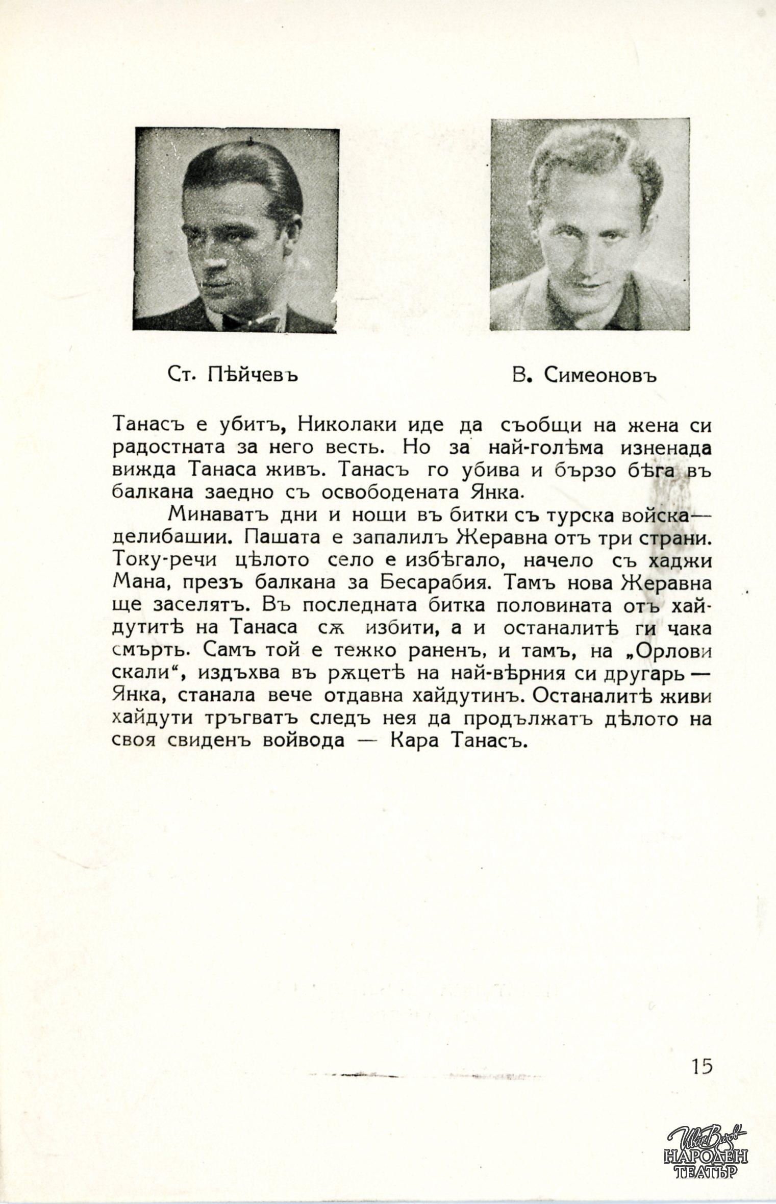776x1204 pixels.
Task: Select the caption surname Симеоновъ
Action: coord(600,376)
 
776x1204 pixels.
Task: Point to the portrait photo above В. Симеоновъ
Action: coord(589,225)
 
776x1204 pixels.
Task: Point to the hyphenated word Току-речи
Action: coord(164,560)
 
